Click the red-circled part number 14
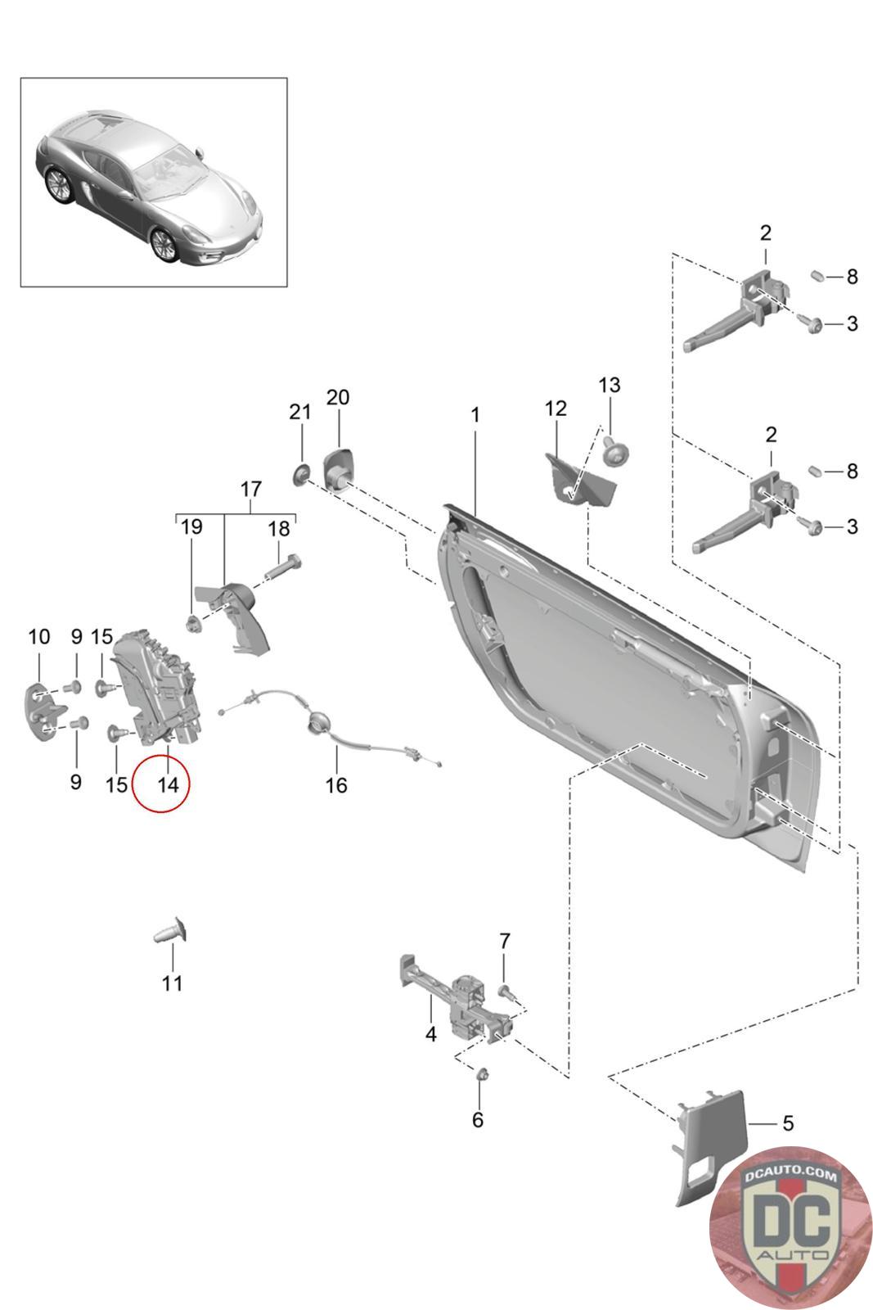169,784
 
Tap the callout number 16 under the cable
336,785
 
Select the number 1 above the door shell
475,414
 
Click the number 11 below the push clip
172,983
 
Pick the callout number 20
338,397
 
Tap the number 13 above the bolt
609,385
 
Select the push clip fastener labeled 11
171,930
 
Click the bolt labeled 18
283,567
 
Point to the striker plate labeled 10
43,711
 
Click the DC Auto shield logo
790,1227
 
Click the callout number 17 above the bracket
250,489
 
